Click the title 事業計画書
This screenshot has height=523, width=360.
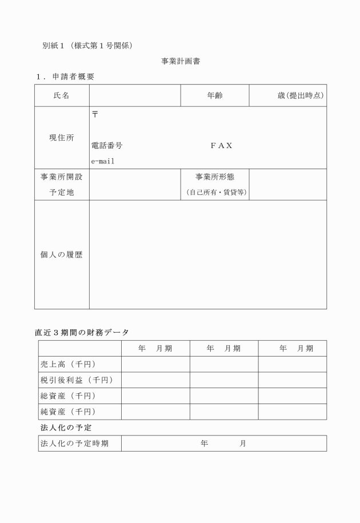(x=180, y=60)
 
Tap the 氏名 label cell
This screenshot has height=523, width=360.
(x=62, y=95)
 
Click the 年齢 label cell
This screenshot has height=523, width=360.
(x=215, y=95)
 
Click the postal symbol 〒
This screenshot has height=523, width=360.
(x=95, y=114)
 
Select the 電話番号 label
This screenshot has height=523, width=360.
(x=107, y=146)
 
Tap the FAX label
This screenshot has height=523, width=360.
(x=222, y=146)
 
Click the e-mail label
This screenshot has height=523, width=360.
(x=103, y=161)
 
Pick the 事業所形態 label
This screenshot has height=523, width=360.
(x=215, y=177)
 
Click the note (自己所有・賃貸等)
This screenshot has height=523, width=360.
(x=215, y=193)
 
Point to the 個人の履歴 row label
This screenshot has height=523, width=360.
(x=62, y=255)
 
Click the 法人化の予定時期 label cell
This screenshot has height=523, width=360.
(x=74, y=444)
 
